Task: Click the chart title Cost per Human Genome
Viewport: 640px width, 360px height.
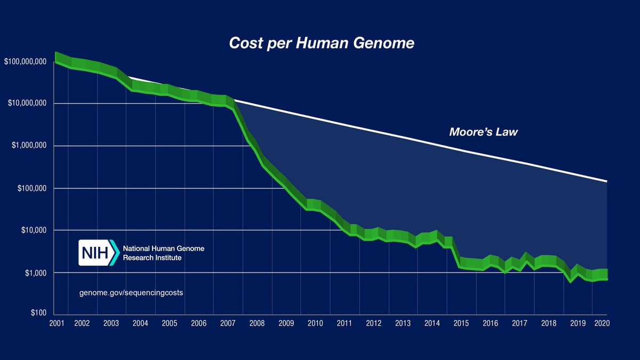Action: (321, 43)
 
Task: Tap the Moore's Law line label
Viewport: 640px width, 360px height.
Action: (483, 132)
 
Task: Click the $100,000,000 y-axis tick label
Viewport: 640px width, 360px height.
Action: (25, 62)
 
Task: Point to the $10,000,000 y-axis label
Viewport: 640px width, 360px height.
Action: (27, 103)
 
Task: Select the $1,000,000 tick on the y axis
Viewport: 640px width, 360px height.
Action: (29, 146)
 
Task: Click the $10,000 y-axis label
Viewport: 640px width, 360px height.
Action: (34, 230)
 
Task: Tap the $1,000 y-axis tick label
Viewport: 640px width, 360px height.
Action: (35, 273)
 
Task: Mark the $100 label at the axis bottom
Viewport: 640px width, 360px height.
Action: (38, 313)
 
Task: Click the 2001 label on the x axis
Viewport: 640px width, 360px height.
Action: (57, 323)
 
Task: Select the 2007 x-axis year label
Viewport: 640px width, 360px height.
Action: (228, 323)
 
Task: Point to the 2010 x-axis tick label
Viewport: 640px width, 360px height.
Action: (315, 323)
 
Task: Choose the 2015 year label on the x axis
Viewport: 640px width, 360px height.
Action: (461, 323)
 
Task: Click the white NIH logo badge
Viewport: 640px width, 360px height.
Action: (99, 252)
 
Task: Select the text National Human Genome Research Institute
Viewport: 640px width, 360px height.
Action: (163, 253)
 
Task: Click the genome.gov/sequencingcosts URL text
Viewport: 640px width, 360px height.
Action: (131, 293)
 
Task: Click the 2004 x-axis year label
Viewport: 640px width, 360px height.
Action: (140, 323)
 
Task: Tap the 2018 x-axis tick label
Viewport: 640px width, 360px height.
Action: (549, 323)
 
